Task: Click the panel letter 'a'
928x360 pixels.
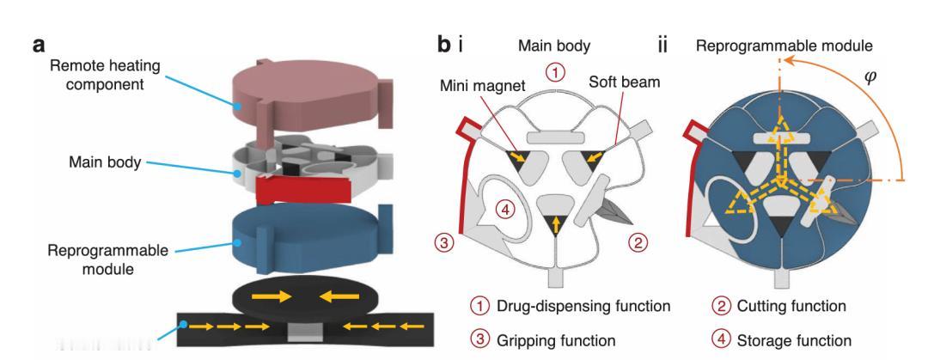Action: pyautogui.click(x=39, y=45)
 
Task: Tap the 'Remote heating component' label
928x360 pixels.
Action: pyautogui.click(x=105, y=75)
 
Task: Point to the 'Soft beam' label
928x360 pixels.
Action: pyautogui.click(x=624, y=82)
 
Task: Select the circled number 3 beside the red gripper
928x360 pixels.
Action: pyautogui.click(x=445, y=242)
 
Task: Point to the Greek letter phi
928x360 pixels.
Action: pyautogui.click(x=869, y=78)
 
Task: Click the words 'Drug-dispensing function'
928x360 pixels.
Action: pyautogui.click(x=583, y=306)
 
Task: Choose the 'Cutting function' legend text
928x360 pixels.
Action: pyautogui.click(x=791, y=306)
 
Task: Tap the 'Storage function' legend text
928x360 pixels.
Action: pyautogui.click(x=794, y=340)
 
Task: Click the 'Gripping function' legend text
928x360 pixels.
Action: pyautogui.click(x=556, y=340)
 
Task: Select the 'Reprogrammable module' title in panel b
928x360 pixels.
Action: pyautogui.click(x=785, y=46)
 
